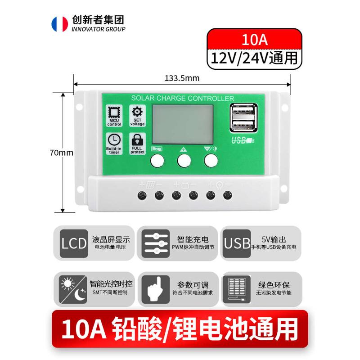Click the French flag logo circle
(59, 24)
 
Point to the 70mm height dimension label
(62, 153)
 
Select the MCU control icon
(114, 114)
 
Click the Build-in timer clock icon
(114, 141)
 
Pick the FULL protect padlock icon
(137, 141)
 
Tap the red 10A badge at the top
(254, 39)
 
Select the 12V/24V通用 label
(254, 58)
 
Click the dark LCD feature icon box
(73, 243)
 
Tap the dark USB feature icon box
(237, 243)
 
